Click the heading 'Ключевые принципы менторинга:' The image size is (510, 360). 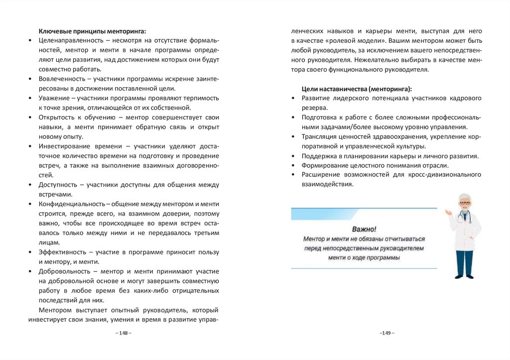coord(93,31)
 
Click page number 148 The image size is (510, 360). coord(123,333)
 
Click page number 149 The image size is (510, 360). coord(386,333)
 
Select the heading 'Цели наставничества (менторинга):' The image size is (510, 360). coord(357,89)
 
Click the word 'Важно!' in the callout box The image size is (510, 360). coord(364,230)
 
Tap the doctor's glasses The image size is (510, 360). coord(465,203)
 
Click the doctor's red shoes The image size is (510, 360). coord(464,275)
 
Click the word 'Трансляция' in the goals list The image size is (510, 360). coord(319,136)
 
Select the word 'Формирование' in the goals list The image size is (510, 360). coord(323,165)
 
